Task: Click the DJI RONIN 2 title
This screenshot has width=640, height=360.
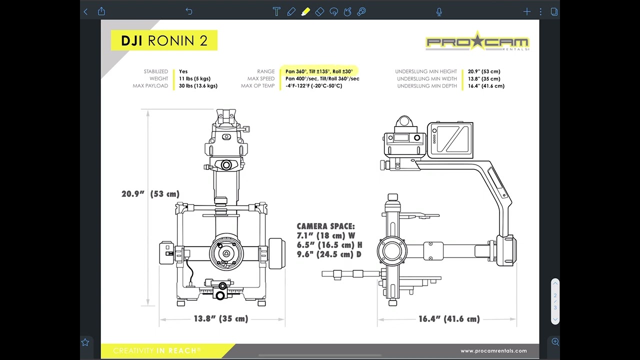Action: tap(164, 40)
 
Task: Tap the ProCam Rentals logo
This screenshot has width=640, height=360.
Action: tap(477, 41)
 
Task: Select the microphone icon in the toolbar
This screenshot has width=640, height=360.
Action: tap(439, 11)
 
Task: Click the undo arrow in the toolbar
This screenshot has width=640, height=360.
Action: tap(189, 11)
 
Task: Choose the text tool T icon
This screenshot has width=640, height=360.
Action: tap(276, 11)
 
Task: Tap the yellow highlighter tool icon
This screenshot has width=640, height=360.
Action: tap(305, 11)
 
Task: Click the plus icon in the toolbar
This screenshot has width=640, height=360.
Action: tap(527, 11)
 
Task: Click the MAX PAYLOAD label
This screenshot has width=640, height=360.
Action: tap(150, 85)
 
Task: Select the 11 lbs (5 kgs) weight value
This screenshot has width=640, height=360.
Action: tap(194, 78)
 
